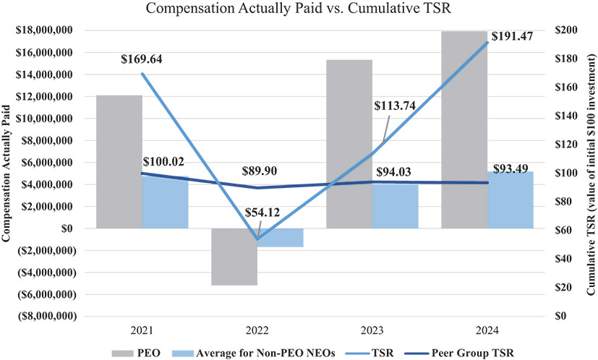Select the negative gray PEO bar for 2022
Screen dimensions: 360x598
coord(234,257)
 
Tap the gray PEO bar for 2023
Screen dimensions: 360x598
coord(349,144)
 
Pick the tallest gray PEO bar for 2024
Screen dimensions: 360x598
coord(464,129)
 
